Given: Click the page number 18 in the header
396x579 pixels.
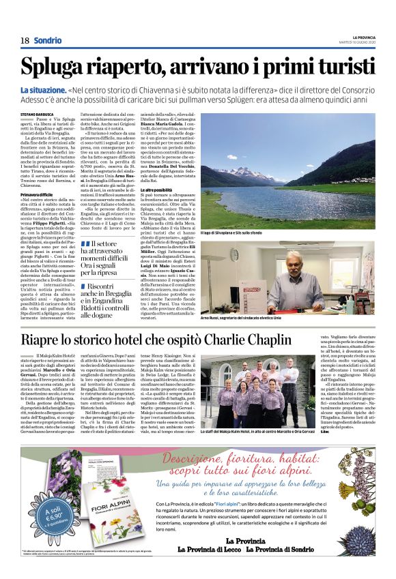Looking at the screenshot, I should (24, 40).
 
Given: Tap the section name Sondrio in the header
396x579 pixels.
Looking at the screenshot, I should (47, 40).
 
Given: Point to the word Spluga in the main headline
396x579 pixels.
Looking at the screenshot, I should (55, 67).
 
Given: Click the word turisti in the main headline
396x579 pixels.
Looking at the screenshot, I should (339, 67).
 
